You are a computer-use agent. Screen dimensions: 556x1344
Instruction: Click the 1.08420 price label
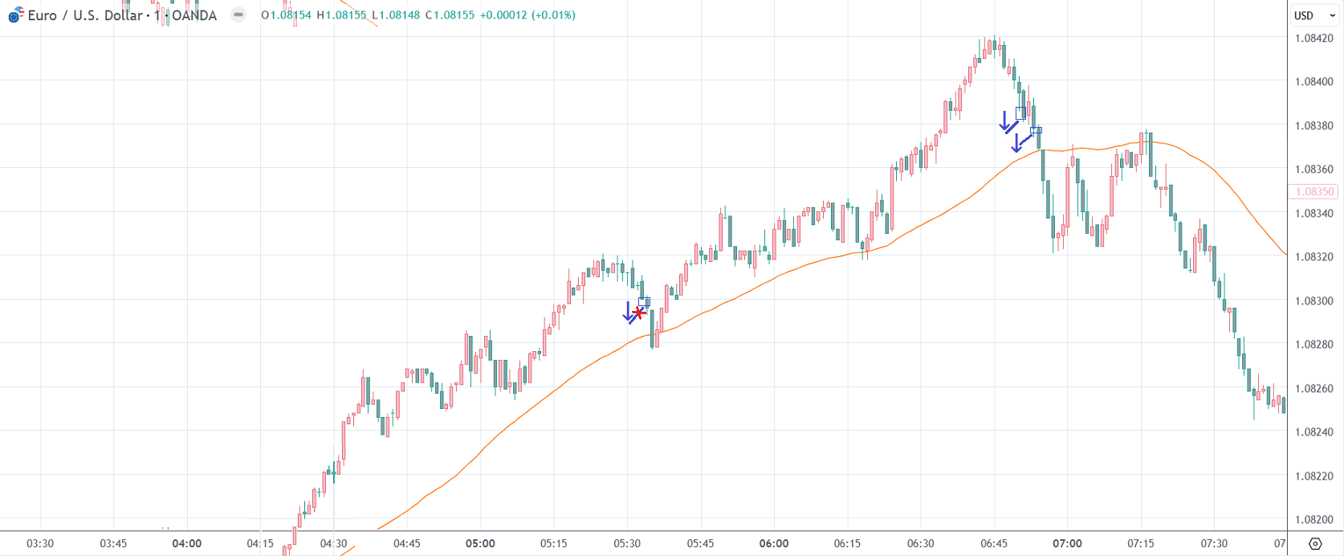coord(1313,38)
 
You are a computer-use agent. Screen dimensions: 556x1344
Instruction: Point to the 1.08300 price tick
coord(1313,300)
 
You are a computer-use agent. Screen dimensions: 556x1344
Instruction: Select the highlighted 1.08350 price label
coord(1314,192)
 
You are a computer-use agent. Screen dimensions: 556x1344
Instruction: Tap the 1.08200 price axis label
coord(1313,520)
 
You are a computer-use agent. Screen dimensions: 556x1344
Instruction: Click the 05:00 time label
coord(480,544)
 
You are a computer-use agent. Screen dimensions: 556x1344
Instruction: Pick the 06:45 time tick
coord(994,544)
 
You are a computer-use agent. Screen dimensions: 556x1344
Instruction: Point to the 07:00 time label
coord(1067,544)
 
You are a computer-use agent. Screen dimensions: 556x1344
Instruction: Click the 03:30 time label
coord(40,544)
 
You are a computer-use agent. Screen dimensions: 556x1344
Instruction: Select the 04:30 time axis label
coord(333,544)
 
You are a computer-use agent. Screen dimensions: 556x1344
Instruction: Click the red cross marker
coord(639,312)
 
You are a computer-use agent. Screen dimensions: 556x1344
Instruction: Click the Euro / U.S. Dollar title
coord(84,15)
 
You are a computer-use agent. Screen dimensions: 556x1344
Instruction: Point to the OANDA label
coord(193,15)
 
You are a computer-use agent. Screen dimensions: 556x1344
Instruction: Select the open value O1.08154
coord(286,15)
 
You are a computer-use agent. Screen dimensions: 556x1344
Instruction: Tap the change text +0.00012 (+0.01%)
coord(527,15)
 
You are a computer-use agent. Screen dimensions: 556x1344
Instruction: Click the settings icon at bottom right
coord(1315,544)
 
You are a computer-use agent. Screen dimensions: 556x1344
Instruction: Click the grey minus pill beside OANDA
coord(238,14)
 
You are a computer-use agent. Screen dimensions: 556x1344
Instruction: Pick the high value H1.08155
coord(342,15)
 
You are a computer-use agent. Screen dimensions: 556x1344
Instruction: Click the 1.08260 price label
coord(1313,388)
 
